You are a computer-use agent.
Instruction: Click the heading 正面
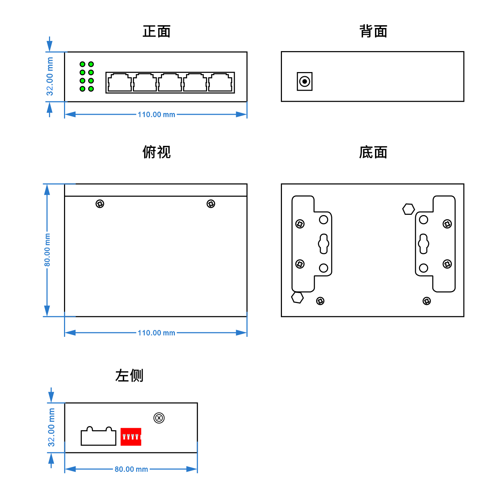[156, 31]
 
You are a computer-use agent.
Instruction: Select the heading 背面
[373, 31]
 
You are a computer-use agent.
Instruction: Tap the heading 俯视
[156, 152]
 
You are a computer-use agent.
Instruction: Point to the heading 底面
[373, 153]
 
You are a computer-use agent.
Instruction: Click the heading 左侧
[129, 376]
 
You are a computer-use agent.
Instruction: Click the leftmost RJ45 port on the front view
[120, 83]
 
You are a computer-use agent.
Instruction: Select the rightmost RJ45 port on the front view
[220, 83]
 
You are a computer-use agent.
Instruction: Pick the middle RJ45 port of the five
[170, 83]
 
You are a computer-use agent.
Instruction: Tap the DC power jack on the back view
[305, 82]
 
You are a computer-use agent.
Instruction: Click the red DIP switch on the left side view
[131, 437]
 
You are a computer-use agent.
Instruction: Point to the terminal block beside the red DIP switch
[99, 437]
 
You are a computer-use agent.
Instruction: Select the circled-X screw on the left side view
[159, 418]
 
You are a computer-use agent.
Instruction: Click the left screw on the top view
[100, 204]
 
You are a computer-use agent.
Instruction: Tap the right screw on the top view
[211, 204]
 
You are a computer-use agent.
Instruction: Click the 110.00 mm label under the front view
[156, 115]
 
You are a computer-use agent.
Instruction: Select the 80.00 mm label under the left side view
[131, 469]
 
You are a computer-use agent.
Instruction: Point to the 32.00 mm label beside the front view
[50, 76]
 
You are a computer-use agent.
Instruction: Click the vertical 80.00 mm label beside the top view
[47, 250]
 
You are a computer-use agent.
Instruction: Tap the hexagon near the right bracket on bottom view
[409, 209]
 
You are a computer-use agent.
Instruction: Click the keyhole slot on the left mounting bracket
[324, 243]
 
